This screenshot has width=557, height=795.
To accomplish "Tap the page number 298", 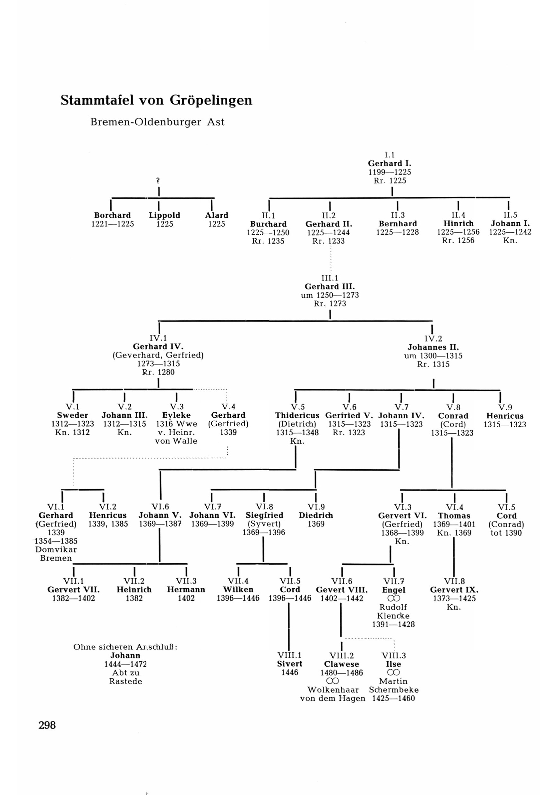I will (x=47, y=725).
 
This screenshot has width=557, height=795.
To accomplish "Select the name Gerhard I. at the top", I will (x=390, y=163).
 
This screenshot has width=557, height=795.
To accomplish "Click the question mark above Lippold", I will (x=158, y=180).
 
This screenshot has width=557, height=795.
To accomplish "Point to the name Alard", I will (x=217, y=215).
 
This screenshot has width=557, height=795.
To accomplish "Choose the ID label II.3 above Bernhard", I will (x=398, y=215).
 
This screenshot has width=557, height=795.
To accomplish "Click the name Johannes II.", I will (x=433, y=347).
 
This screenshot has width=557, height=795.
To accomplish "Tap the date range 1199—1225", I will (x=390, y=172).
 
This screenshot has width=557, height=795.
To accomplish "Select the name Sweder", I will (x=73, y=415).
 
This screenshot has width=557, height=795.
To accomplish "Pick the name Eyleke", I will (x=176, y=415).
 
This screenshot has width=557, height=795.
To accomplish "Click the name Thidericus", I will (x=297, y=415).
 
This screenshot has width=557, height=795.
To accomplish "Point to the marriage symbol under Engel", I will (x=394, y=598).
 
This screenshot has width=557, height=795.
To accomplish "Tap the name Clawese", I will (x=341, y=664).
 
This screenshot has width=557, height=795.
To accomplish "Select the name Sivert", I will (x=290, y=664).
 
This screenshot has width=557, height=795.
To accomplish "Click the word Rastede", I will (x=125, y=682).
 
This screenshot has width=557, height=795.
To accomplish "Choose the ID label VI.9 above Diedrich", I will (x=316, y=507).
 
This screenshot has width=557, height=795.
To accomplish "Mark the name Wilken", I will (x=238, y=589).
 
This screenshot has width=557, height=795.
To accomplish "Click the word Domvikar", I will (x=56, y=549).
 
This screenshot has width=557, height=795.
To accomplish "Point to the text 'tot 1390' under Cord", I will (x=506, y=533).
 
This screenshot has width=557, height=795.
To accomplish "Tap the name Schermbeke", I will (x=394, y=690).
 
